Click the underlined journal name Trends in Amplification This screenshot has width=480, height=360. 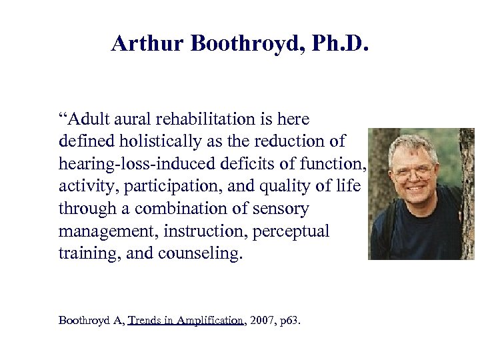(186, 321)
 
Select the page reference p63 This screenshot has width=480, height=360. (291, 321)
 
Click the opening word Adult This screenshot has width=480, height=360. (84, 119)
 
